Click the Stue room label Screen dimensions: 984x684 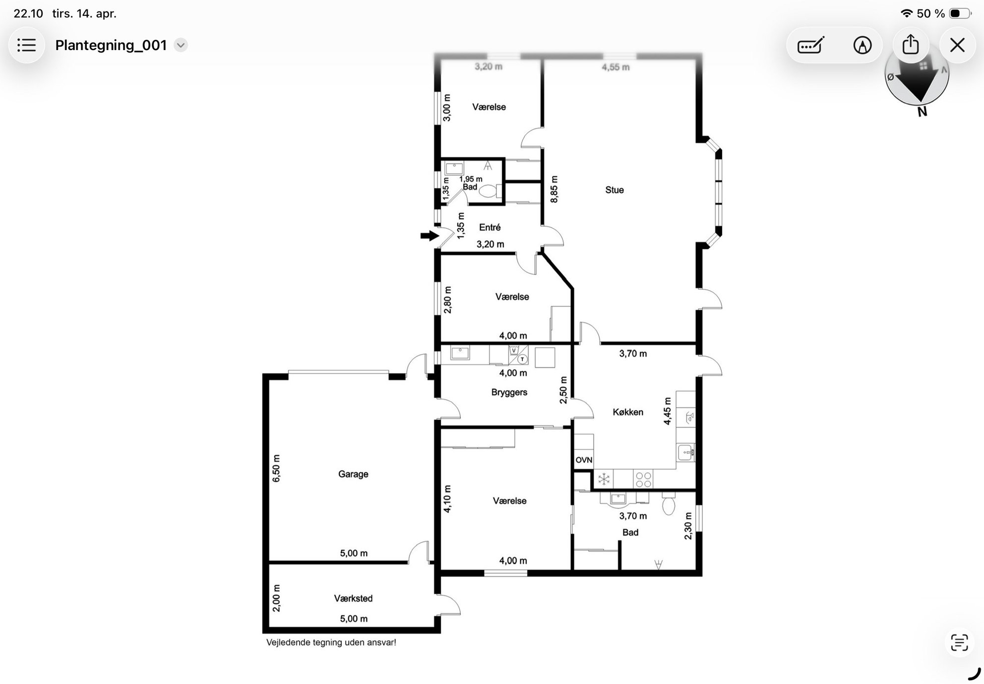coord(615,190)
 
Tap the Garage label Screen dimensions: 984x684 coord(353,474)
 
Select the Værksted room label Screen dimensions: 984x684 coord(353,598)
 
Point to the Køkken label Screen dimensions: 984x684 coord(628,412)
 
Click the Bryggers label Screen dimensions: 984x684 coord(509,392)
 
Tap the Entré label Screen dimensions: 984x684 coord(490,227)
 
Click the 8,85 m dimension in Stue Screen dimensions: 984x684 coord(554,189)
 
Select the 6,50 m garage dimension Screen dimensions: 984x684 coord(276,468)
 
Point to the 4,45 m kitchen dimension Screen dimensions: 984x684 coord(668,411)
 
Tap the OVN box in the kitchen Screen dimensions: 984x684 coord(584,460)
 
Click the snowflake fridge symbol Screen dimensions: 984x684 coord(604,479)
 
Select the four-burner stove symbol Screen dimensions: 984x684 coord(643,480)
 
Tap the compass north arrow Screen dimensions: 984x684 coord(918,82)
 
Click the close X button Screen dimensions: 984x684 coord(957,45)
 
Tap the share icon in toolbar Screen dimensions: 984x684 coord(911,45)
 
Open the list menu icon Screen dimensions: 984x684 coord(27,45)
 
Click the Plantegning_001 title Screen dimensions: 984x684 coord(111,45)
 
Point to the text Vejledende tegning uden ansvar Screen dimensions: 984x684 coord(331,642)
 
